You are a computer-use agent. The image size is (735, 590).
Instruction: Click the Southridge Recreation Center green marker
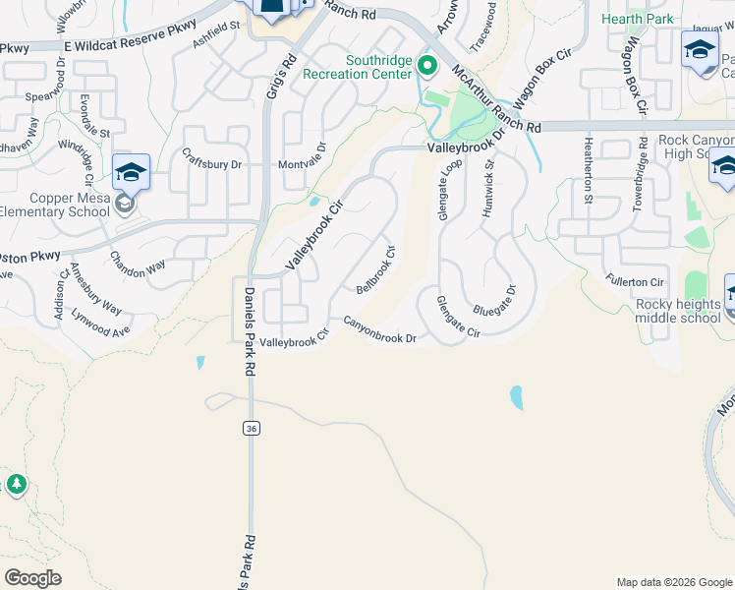[427, 67]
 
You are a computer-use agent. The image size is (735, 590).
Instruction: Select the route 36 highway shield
[251, 428]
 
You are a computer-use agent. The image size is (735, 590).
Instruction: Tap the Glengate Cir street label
[458, 318]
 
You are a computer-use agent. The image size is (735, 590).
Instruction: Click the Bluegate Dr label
[493, 299]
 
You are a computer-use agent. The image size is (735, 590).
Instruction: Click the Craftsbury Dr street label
[212, 158]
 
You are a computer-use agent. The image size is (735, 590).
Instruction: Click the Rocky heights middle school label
[678, 311]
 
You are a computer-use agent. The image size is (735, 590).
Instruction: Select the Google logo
[32, 578]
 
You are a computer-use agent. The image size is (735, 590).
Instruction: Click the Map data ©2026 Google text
[673, 582]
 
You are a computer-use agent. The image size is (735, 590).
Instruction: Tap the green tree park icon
[16, 485]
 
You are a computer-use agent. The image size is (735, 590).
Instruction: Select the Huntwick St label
[488, 186]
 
